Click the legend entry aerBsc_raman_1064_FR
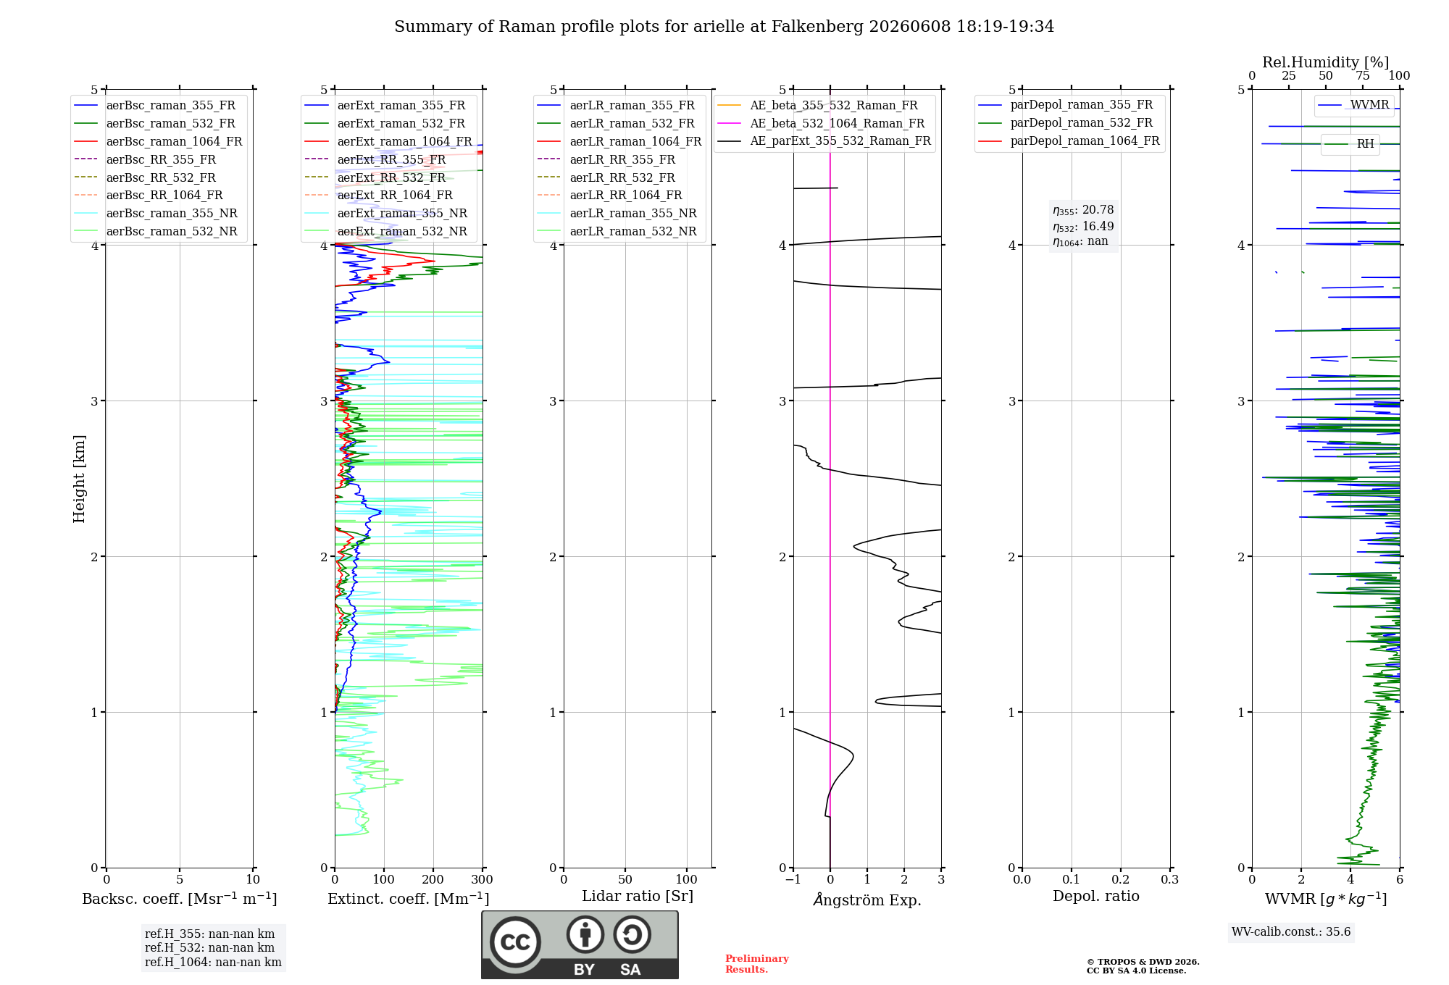coord(158,141)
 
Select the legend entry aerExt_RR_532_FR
coord(375,177)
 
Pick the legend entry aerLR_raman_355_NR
coord(617,213)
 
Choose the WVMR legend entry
coord(1353,105)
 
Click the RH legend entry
coord(1350,144)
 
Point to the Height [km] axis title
coord(79,479)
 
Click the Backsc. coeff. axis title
coord(180,899)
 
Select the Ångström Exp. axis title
coord(867,900)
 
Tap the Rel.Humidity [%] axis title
coord(1326,62)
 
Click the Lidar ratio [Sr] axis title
coord(638,896)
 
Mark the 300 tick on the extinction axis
coord(483,880)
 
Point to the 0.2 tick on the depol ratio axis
coord(1121,880)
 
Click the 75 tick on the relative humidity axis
coord(1363,76)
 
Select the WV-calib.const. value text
coord(1291,932)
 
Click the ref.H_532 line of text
coord(209,948)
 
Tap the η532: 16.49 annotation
coord(1083,227)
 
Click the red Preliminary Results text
coord(757,964)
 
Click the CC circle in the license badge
coord(515,942)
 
